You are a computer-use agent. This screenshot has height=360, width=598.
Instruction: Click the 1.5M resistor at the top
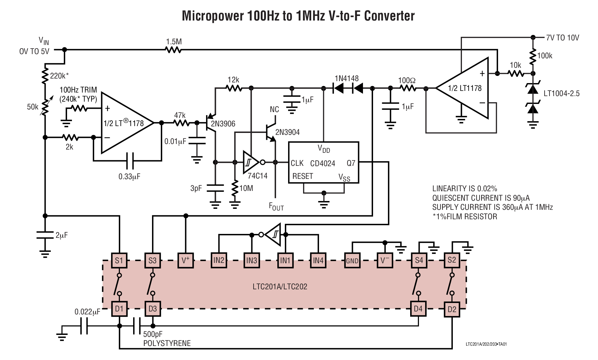tap(174, 50)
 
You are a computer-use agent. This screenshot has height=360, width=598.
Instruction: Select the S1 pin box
tap(119, 260)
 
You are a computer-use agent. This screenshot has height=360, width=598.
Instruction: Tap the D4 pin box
tap(418, 309)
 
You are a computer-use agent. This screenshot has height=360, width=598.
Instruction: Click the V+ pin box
tap(186, 260)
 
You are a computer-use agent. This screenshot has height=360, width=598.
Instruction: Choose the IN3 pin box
tap(252, 260)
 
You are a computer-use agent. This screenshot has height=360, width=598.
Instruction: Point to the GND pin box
tap(352, 261)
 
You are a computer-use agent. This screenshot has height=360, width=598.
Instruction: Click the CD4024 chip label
tap(322, 164)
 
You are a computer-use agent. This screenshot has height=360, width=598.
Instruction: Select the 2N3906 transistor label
tap(223, 124)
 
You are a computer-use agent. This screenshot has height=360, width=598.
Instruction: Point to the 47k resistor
tap(181, 122)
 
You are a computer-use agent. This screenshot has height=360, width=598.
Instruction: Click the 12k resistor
tap(233, 88)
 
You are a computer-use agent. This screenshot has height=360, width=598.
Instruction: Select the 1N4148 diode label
tap(346, 79)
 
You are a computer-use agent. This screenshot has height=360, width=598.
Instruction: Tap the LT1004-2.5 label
tap(562, 94)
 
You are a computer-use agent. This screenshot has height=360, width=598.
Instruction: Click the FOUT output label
tap(276, 207)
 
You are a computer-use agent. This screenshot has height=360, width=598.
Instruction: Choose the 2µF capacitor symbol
tap(45, 235)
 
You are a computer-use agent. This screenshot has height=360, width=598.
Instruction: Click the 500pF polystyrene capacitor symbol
tap(136, 326)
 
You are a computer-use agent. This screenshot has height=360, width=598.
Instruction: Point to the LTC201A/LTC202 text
tap(280, 287)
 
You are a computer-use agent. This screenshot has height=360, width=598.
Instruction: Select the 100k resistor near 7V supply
tap(533, 56)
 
